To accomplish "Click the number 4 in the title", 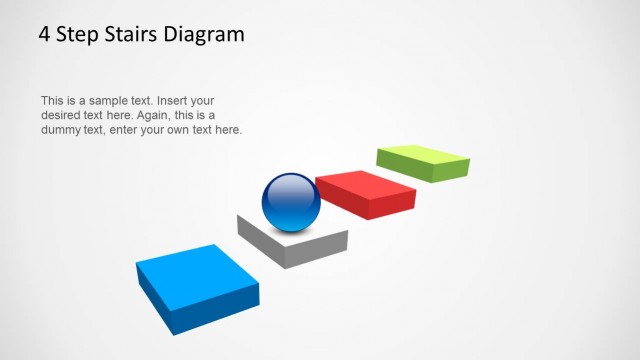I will (x=45, y=35).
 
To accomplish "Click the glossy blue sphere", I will (x=291, y=203).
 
